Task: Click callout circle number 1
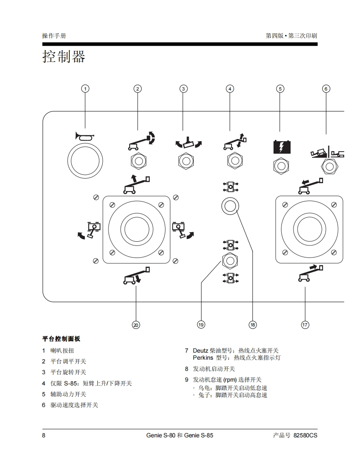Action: tap(85, 88)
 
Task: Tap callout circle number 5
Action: tap(280, 88)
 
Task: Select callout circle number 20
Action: tap(136, 325)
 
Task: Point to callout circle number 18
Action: tap(253, 325)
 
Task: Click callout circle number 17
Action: tap(305, 325)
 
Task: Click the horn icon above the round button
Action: tap(85, 135)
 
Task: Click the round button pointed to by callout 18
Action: tap(230, 206)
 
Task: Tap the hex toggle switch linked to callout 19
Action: tap(230, 260)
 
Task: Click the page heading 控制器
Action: tap(64, 57)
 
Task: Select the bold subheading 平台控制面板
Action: tap(61, 339)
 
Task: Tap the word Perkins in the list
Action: tap(203, 358)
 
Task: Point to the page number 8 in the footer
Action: tap(44, 436)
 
